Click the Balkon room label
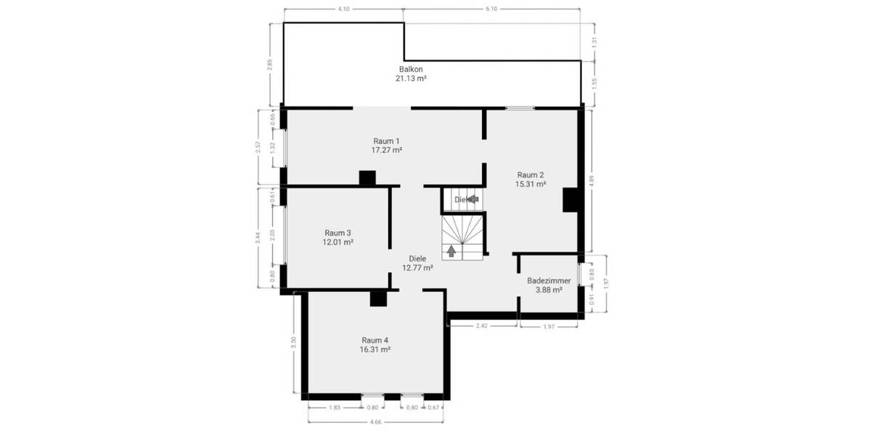pos(411,68)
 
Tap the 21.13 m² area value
pos(411,78)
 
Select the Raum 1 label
pos(386,141)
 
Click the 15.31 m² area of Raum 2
pos(530,185)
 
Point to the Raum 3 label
pos(338,233)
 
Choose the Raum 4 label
pos(375,340)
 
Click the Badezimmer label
pos(549,280)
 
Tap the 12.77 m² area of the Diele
pos(417,267)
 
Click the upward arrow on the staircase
pos(452,251)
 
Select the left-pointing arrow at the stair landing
pos(473,198)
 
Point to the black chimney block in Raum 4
pos(377,298)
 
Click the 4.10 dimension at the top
pos(344,9)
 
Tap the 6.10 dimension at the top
pos(491,9)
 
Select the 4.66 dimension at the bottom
pos(376,421)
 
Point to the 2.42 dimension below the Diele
pos(481,326)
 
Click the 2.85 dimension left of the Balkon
pos(270,64)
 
